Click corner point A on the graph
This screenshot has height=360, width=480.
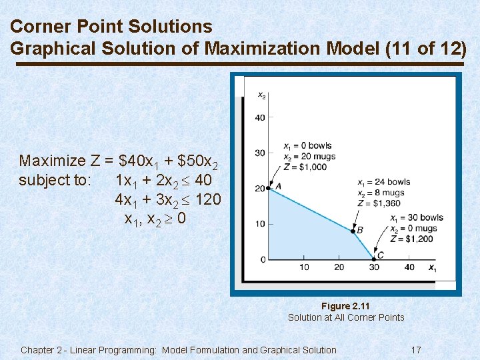268,189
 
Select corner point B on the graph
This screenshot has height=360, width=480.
353,231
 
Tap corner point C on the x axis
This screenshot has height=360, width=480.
374,259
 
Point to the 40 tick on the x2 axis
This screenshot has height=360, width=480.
260,118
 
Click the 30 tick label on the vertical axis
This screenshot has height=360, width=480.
260,153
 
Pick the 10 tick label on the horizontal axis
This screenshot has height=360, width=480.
304,267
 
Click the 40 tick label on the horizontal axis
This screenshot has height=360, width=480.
409,267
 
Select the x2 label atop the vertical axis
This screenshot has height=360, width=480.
262,95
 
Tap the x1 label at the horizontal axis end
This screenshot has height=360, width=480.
432,268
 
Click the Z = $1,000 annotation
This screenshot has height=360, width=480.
305,167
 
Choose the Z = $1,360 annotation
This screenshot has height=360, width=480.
380,203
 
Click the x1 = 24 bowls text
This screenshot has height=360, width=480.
384,182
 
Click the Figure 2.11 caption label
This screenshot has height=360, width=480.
345,306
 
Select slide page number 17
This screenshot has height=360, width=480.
416,350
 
